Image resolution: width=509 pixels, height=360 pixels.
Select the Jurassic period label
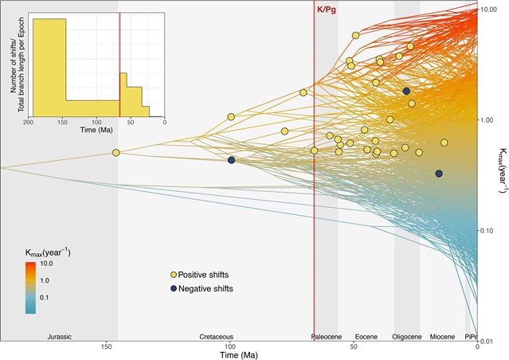click(x=60, y=337)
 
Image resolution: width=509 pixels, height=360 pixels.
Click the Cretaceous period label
click(x=216, y=337)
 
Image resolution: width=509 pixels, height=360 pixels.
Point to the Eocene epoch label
click(x=366, y=337)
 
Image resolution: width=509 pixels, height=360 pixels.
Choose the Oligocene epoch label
click(x=406, y=337)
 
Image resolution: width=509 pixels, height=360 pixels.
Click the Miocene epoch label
click(x=442, y=337)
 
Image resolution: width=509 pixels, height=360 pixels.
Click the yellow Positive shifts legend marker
click(x=171, y=274)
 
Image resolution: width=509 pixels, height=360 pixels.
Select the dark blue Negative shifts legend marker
click(x=171, y=288)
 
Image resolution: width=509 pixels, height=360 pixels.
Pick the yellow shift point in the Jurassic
click(x=116, y=152)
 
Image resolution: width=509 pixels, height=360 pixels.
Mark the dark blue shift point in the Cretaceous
click(x=231, y=160)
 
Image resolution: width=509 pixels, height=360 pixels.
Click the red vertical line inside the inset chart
click(x=119, y=64)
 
